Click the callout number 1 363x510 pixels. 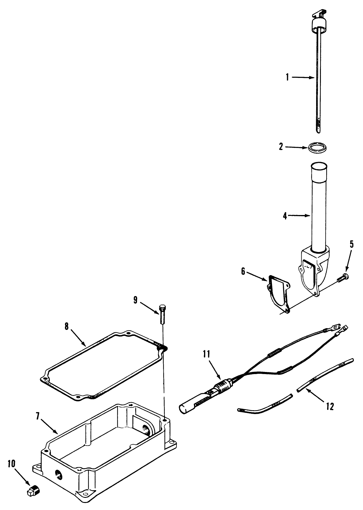tap(287, 78)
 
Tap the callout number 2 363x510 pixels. tap(281, 147)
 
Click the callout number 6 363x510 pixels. tap(243, 271)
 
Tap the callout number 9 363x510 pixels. tap(135, 300)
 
